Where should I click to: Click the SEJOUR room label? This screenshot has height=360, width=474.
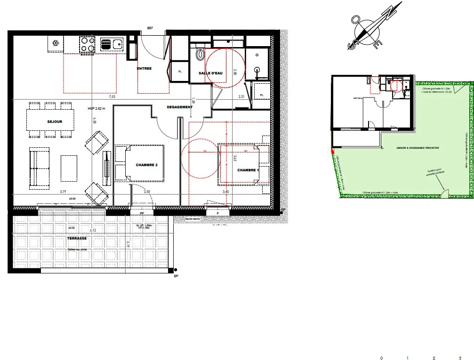click(x=55, y=121)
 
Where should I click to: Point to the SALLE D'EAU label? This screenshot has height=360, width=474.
click(x=210, y=73)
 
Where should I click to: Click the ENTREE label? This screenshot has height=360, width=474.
click(x=144, y=69)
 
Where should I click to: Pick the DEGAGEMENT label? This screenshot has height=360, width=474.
click(x=179, y=107)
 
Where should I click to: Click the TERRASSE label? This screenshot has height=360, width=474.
click(x=76, y=239)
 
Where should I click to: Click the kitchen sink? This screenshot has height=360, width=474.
click(x=111, y=45)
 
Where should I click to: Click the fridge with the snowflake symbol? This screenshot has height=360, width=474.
click(x=56, y=44)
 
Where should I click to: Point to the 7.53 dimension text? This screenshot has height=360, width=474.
click(x=112, y=97)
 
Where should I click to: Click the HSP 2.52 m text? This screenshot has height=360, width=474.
click(x=96, y=109)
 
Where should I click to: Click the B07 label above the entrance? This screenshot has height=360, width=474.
click(x=150, y=28)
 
